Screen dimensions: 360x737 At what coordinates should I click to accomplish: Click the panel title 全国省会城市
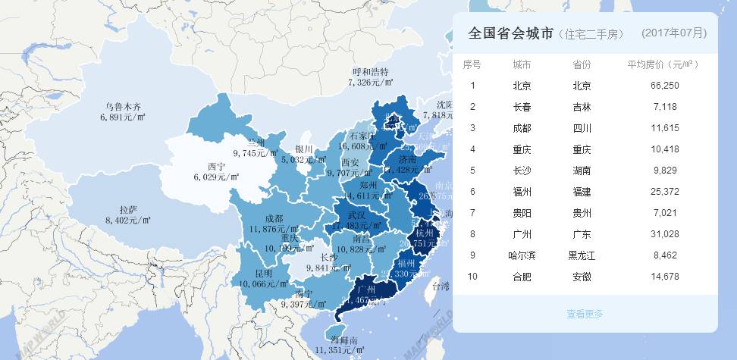click(510, 33)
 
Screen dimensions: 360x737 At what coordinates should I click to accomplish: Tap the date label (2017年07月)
click(673, 33)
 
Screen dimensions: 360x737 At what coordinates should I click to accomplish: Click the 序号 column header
click(472, 64)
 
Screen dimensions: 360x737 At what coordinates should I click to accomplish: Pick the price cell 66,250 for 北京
click(664, 86)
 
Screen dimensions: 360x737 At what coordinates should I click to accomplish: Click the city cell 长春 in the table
click(522, 107)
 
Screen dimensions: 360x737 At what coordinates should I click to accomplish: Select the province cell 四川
click(582, 128)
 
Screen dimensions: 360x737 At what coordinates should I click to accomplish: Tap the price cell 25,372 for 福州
click(664, 192)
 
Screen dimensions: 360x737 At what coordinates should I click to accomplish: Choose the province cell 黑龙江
click(582, 255)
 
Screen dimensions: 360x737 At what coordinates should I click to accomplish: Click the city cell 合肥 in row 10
click(522, 277)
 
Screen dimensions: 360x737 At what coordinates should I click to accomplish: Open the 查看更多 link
click(585, 314)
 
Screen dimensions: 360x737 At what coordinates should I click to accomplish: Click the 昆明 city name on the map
click(263, 273)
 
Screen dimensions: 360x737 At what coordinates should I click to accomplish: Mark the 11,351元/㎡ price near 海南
click(338, 351)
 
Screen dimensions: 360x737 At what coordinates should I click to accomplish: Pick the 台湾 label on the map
click(440, 286)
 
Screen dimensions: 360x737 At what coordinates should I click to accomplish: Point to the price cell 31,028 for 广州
click(664, 234)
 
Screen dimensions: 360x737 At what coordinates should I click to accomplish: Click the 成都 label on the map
click(274, 219)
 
